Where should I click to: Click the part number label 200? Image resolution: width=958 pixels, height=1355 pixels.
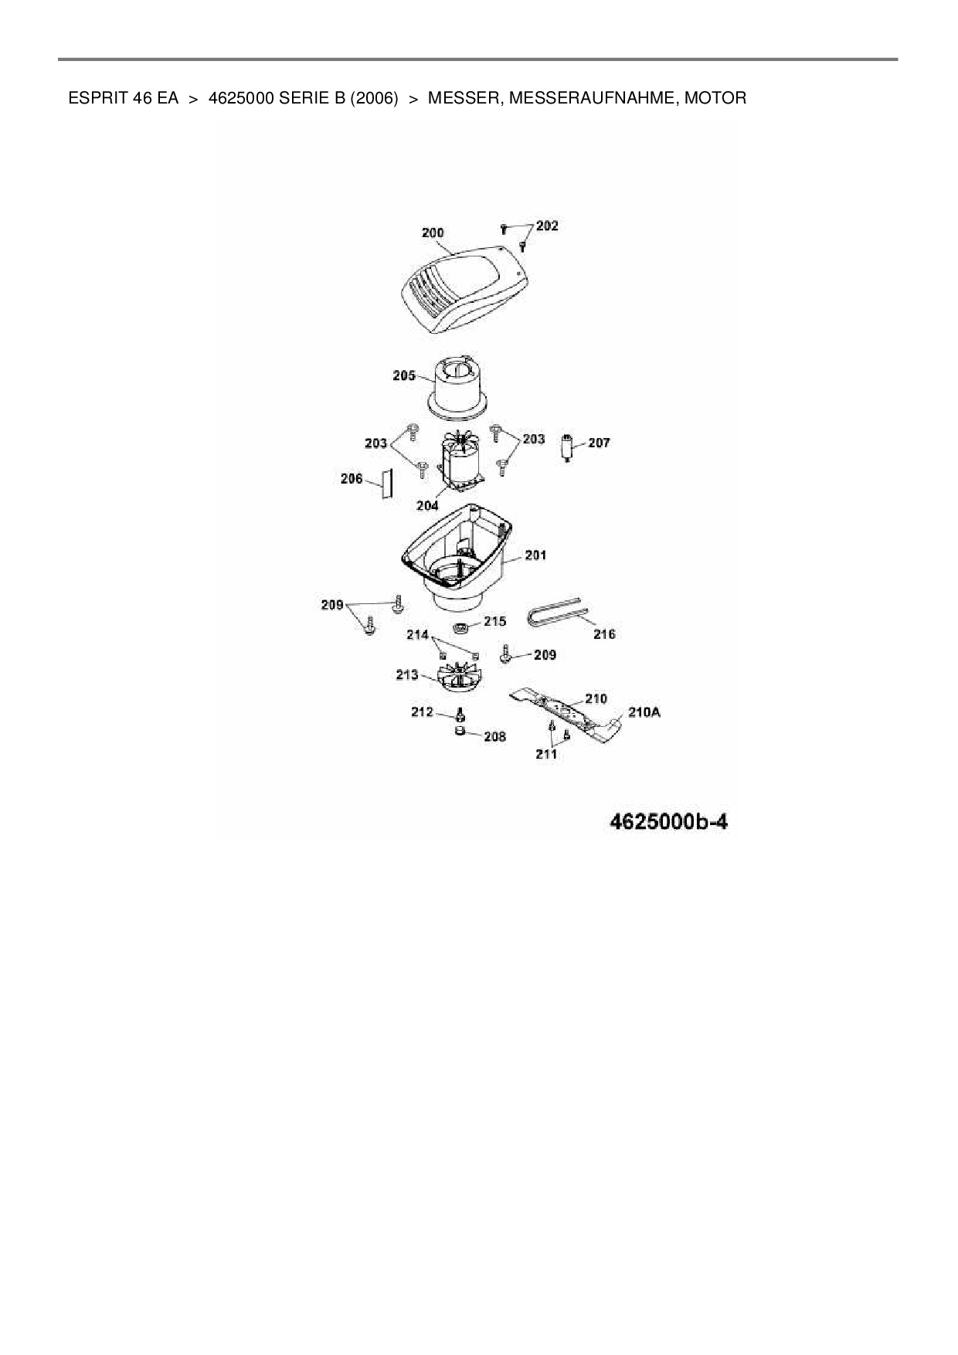tap(433, 233)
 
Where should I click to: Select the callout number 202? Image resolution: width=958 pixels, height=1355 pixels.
tap(547, 226)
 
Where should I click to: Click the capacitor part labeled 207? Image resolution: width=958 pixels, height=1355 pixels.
tap(569, 447)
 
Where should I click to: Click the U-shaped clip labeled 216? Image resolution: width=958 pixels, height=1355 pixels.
tap(553, 614)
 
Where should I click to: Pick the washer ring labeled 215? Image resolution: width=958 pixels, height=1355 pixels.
tap(459, 627)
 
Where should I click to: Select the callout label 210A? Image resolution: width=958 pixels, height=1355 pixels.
tap(644, 712)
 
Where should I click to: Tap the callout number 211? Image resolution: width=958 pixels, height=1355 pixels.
tap(546, 754)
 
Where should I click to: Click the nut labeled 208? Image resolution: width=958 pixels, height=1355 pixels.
tap(459, 732)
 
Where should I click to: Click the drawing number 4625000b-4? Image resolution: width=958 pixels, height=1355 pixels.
tap(669, 821)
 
